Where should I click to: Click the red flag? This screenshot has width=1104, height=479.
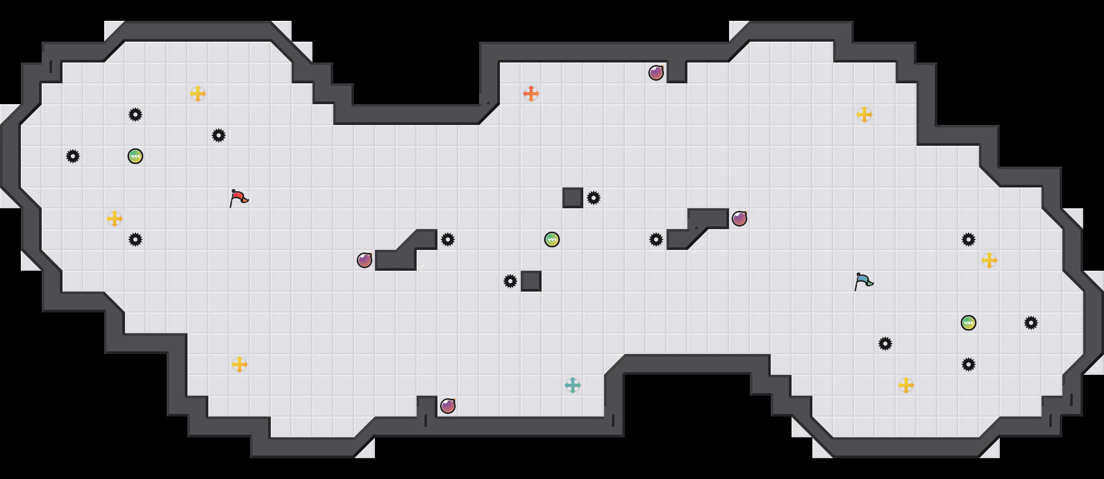(239, 198)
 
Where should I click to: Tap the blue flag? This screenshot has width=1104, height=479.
(864, 281)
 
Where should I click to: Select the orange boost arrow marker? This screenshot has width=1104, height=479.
(531, 94)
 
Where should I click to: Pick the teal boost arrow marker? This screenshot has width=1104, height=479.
(573, 385)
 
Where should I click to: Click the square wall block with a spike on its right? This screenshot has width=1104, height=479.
(573, 198)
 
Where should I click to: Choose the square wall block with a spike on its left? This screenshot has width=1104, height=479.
(531, 281)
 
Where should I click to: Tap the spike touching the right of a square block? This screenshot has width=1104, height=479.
(594, 198)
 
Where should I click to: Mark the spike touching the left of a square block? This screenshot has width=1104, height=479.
(510, 281)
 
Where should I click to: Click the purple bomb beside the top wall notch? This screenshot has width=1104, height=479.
(656, 73)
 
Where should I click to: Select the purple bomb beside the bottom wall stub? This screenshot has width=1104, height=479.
(448, 406)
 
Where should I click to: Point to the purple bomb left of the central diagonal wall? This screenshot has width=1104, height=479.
(365, 260)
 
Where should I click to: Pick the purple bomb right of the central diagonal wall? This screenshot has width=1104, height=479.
(739, 219)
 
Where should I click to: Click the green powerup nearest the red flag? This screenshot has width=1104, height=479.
(135, 156)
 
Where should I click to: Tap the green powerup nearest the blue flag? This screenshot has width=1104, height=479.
(969, 323)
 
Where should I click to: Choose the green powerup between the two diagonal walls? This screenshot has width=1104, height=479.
(552, 240)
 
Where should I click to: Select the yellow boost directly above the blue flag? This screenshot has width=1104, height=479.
(864, 115)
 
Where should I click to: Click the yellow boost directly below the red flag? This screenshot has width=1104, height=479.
(240, 364)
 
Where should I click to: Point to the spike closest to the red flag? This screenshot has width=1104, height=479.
(219, 135)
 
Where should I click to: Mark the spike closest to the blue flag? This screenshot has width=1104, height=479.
(885, 344)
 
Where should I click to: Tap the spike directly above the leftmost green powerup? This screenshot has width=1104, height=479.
(135, 115)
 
